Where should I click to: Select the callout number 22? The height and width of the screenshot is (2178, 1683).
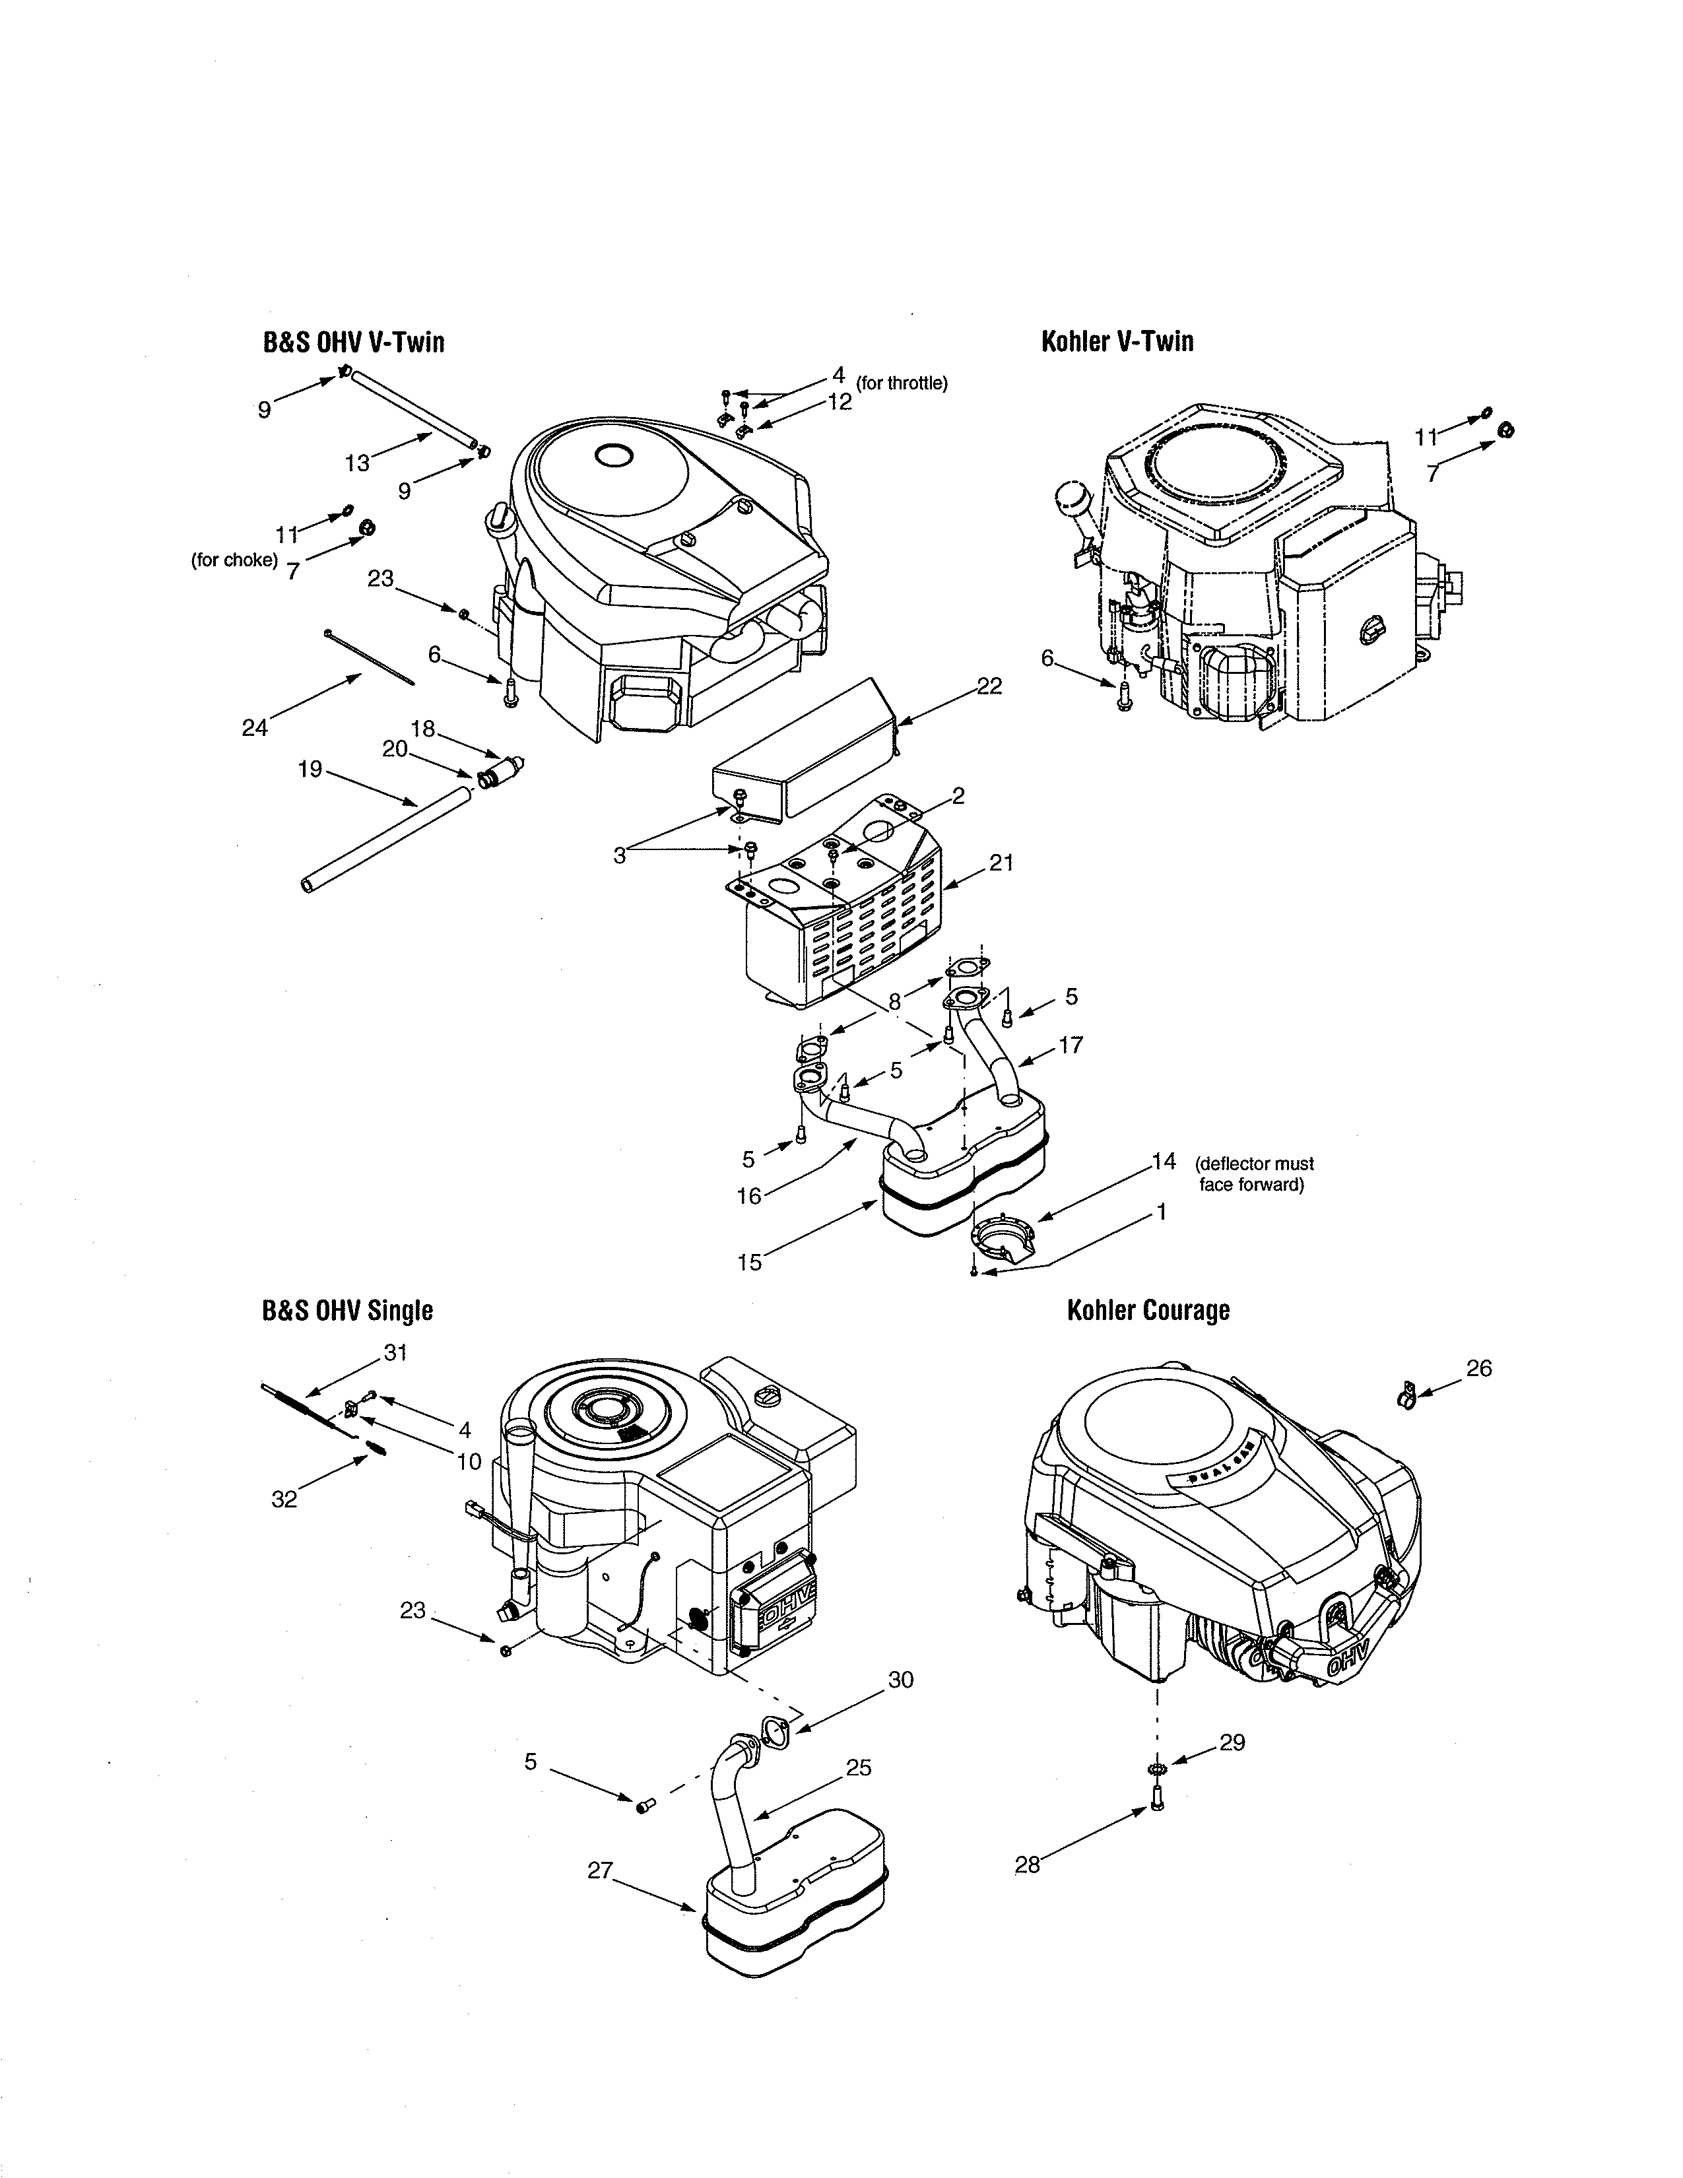pyautogui.click(x=989, y=686)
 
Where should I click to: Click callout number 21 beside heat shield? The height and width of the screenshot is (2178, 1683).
pyautogui.click(x=1001, y=863)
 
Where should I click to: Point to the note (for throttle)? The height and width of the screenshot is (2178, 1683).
pyautogui.click(x=902, y=383)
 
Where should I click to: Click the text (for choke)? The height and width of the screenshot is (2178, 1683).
pyautogui.click(x=234, y=560)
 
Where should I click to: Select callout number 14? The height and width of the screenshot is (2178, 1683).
pyautogui.click(x=1164, y=1161)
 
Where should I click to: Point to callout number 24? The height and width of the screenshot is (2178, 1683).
pyautogui.click(x=255, y=728)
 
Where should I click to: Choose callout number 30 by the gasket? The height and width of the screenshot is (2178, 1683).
pyautogui.click(x=900, y=1680)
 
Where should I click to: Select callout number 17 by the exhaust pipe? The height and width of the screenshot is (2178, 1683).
pyautogui.click(x=1071, y=1045)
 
